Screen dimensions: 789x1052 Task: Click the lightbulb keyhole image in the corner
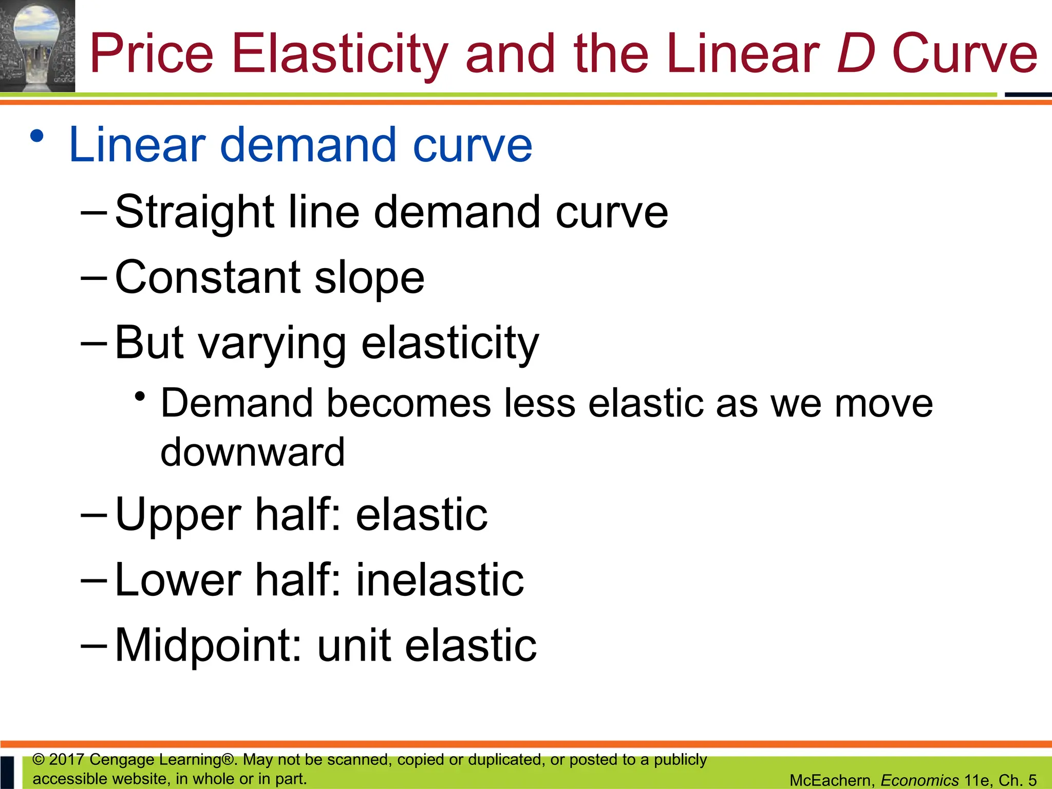(x=37, y=46)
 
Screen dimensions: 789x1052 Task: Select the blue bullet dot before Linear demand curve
(x=36, y=137)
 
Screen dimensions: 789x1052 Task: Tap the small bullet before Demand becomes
(x=139, y=397)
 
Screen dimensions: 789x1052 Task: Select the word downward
(x=253, y=453)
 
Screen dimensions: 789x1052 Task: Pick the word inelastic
(x=440, y=580)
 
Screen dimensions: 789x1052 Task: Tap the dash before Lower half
(x=94, y=580)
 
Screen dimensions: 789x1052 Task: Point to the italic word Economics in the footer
(x=919, y=780)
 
